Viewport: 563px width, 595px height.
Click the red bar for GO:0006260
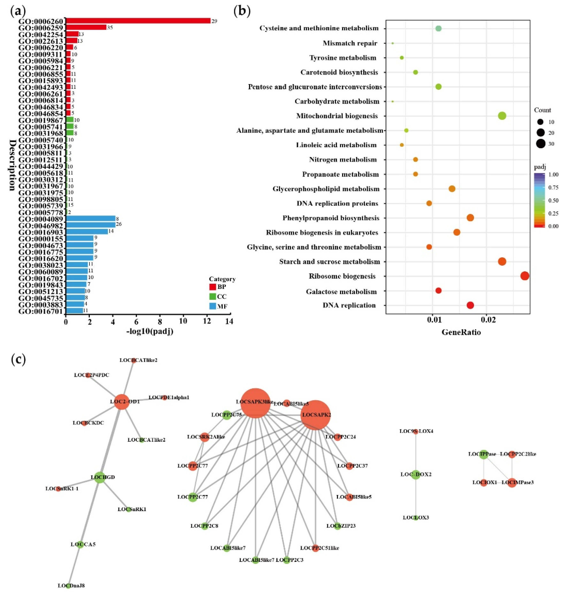click(x=138, y=21)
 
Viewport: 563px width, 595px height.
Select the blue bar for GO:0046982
click(x=90, y=225)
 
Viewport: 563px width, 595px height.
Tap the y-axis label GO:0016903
click(x=41, y=232)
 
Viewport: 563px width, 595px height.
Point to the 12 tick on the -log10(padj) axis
click(x=206, y=321)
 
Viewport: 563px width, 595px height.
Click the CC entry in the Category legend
click(x=221, y=296)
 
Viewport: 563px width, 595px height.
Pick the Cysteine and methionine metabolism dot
click(x=439, y=29)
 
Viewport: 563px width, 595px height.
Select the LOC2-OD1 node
click(x=122, y=402)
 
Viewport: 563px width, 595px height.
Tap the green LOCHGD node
click(x=100, y=477)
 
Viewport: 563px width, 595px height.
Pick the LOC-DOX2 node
click(x=416, y=475)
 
